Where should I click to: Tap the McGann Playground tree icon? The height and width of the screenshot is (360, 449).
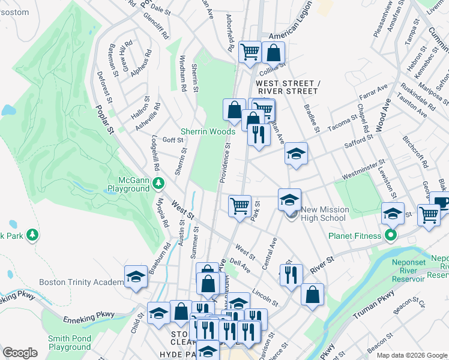click(x=158, y=182)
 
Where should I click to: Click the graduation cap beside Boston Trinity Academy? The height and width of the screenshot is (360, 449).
click(x=136, y=277)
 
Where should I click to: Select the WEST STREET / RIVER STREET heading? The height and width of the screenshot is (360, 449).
click(x=286, y=87)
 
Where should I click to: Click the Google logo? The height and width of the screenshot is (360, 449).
click(x=20, y=353)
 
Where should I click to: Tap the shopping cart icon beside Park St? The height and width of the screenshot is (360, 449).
click(x=240, y=206)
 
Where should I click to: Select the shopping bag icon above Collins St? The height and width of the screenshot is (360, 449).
click(x=273, y=52)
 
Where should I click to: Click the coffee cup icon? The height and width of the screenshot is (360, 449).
click(x=441, y=202)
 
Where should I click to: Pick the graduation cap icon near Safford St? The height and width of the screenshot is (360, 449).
click(x=295, y=154)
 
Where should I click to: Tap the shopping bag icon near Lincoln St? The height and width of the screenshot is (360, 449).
click(x=312, y=294)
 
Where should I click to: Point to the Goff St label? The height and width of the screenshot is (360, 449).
click(x=173, y=140)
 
